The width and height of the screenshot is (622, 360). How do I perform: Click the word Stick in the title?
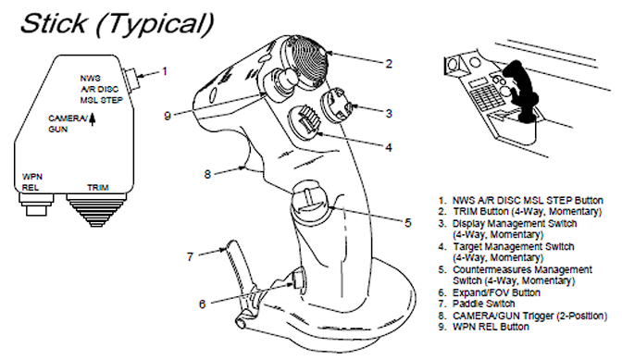tap(54, 23)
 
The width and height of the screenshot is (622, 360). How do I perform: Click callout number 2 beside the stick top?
tap(389, 64)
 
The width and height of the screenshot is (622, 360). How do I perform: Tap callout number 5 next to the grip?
tap(408, 223)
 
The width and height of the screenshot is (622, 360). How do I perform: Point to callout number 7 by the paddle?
tap(190, 257)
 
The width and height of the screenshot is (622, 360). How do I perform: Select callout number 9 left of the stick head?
tap(168, 116)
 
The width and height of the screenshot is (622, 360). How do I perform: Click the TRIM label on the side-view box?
tap(98, 187)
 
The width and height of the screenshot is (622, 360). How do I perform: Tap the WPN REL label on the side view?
tap(32, 182)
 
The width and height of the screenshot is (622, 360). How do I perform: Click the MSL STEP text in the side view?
tap(102, 100)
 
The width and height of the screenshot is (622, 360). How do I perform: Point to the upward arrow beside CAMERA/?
tap(92, 119)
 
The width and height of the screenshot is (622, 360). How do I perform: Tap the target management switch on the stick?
tap(305, 122)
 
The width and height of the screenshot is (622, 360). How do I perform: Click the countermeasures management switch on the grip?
tap(310, 196)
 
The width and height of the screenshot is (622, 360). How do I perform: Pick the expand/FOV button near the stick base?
tap(298, 278)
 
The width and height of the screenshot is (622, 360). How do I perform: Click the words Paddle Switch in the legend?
tap(483, 304)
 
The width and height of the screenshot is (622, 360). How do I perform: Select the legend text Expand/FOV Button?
tap(496, 292)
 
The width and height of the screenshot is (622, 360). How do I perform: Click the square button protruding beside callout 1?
tap(131, 78)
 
